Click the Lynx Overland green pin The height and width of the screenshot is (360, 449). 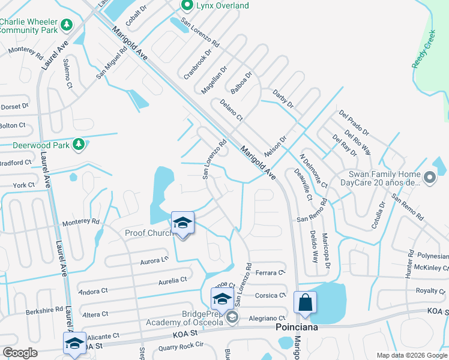187,5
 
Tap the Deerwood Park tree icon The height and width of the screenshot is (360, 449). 78,144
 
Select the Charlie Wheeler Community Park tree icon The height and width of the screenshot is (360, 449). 67,25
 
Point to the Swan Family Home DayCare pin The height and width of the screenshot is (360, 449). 429,178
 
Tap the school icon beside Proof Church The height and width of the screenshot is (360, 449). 182,224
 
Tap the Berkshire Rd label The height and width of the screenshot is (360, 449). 44,311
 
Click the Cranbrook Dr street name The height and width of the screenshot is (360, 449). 198,63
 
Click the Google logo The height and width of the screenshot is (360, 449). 20,353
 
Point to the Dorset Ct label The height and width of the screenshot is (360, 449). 14,106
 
